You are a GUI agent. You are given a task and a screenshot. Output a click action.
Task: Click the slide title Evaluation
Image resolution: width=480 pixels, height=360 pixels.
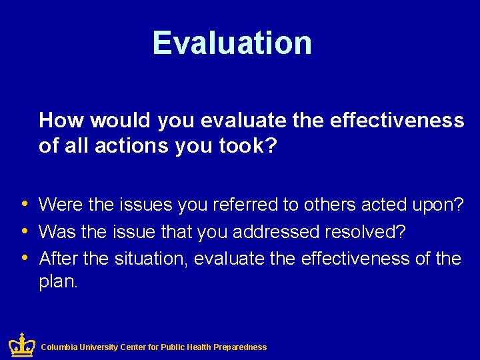coord(232,43)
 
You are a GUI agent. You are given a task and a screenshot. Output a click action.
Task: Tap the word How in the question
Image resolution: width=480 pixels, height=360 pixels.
coord(61,121)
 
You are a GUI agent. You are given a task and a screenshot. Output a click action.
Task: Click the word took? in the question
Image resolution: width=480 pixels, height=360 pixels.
coord(248,147)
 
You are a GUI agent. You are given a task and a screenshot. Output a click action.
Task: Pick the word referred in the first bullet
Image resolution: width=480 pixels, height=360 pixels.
coord(245,205)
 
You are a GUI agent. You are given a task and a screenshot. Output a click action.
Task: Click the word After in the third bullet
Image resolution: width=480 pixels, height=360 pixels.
coord(58,258)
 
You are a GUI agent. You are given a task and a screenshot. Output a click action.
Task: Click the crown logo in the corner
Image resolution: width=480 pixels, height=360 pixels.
coord(22,345)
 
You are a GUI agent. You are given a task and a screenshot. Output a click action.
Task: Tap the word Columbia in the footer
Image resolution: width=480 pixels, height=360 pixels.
coord(59,347)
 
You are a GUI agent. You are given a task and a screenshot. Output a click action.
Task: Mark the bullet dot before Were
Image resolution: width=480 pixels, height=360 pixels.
coord(25,204)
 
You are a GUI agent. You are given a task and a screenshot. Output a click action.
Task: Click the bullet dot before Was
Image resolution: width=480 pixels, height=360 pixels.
coord(25,231)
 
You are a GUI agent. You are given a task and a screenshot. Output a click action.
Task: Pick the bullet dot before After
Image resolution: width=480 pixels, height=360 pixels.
coord(25,257)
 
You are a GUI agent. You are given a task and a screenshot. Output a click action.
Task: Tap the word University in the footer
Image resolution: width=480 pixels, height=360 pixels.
coord(98,347)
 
